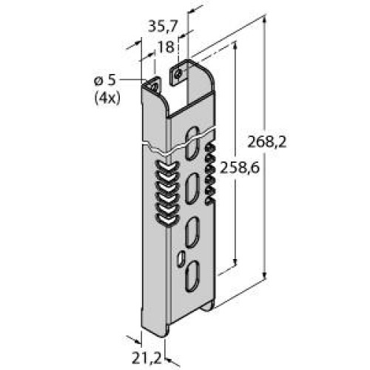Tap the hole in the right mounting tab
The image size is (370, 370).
[x=178, y=75]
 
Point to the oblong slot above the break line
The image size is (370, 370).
[x=192, y=136]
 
